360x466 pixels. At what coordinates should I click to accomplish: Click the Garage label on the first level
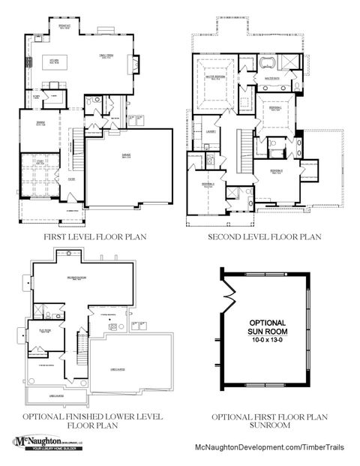[x=124, y=157]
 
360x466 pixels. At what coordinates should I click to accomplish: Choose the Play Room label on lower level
[x=44, y=330]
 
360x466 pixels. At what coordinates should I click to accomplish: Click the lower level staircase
[x=80, y=341]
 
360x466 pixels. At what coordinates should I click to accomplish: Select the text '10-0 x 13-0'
[x=268, y=341]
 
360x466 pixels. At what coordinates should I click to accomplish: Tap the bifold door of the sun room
[x=224, y=299]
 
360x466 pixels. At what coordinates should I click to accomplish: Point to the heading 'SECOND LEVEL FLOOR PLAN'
[x=265, y=237]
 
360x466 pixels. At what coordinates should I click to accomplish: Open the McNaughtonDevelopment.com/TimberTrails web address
[x=268, y=445]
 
